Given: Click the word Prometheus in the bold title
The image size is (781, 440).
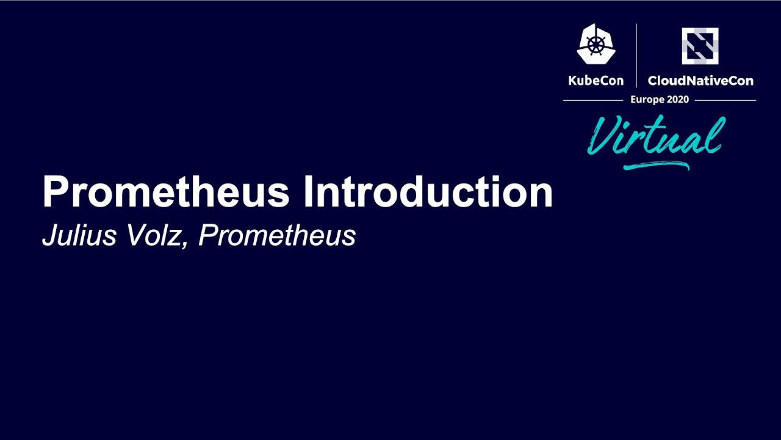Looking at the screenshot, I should pos(165,192).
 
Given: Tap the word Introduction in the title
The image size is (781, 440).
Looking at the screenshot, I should pos(428,192).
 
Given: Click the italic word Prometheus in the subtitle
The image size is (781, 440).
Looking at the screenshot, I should pos(277,236).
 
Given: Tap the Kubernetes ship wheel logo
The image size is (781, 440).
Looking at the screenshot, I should pos(596,44).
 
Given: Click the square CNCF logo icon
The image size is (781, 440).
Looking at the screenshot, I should pos(700,46).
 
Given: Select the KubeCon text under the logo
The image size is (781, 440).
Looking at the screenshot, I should pos(596,81).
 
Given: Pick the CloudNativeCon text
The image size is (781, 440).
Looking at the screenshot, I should pos(700,81).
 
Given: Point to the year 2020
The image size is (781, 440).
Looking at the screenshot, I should pos(678,100).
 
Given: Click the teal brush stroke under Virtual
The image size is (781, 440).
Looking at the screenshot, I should pos(656,164).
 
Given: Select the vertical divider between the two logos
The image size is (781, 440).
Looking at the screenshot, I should pos(636,55).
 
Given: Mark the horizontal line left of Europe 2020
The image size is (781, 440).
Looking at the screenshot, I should pos(592,100).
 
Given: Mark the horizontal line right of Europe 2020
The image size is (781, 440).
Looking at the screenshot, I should pos(725,100).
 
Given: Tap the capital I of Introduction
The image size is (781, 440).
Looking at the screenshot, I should pos(308,192).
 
